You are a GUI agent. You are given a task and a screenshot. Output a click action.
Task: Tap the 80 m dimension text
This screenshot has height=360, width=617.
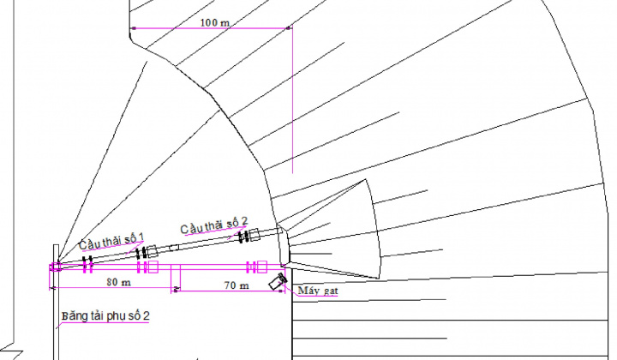(x=117, y=282)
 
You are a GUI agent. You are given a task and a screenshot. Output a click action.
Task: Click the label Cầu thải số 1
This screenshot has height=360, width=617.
(x=112, y=241)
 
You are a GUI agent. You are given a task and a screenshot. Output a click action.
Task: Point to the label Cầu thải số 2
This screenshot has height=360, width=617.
(x=213, y=226)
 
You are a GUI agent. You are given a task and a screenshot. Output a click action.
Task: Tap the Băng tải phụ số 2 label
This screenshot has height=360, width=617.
(x=105, y=317)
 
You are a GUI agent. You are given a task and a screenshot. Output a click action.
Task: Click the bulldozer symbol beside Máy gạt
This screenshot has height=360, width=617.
(x=276, y=283)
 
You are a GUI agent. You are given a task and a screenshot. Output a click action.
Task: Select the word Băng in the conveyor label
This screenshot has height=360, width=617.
(x=74, y=317)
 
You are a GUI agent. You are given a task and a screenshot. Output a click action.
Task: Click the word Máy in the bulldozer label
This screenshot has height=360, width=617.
(x=306, y=291)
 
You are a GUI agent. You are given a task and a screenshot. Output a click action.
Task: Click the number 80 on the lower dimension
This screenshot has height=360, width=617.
(x=112, y=282)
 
